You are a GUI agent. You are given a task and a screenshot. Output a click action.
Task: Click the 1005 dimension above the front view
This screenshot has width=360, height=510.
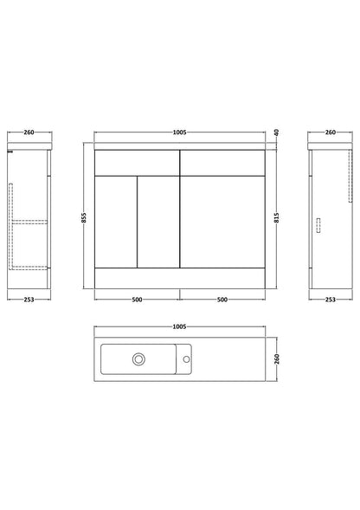tap(179, 132)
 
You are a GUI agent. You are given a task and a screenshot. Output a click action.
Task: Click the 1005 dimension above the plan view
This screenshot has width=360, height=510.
tap(179, 326)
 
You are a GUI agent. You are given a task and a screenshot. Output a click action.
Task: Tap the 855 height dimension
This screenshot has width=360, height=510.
tap(83, 217)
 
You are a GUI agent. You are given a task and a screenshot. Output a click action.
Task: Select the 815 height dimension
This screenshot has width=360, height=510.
tap(277, 217)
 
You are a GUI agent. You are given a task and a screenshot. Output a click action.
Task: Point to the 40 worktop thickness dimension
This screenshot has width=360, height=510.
tap(277, 132)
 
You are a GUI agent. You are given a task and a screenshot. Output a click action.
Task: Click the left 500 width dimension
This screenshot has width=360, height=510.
tap(137, 300)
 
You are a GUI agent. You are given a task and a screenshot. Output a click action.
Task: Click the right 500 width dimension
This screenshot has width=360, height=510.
tap(222, 300)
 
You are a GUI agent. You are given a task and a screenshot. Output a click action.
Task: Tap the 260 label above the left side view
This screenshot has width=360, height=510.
tap(29, 132)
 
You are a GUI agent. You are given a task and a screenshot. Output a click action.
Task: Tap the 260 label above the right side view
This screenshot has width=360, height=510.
tap(331, 132)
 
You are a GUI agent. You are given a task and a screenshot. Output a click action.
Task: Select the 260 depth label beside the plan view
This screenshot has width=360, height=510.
tap(277, 358)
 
